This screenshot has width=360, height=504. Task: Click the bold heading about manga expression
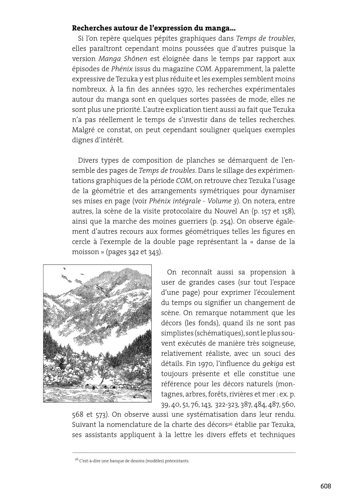pyautogui.click(x=154, y=28)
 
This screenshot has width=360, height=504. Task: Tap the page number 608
pyautogui.click(x=325, y=486)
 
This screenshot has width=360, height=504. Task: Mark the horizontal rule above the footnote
pyautogui.click(x=184, y=453)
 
